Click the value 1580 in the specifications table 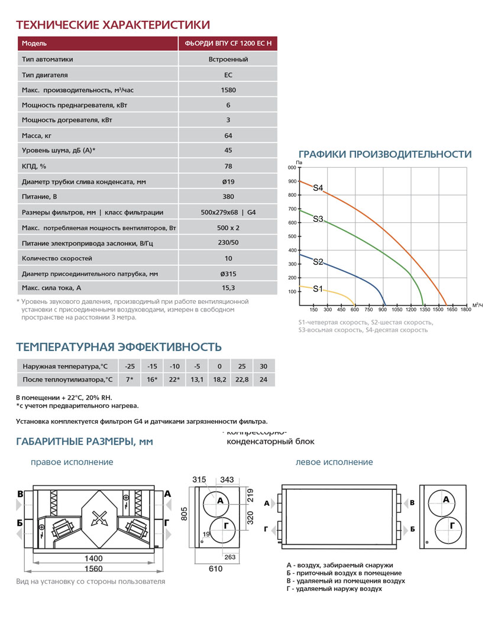coord(228,90)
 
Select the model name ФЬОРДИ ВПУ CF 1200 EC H coord(228,43)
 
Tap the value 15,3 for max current coord(228,287)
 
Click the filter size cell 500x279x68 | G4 coord(228,212)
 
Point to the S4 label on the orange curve coord(318,189)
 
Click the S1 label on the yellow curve coord(318,289)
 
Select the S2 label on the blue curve coord(318,261)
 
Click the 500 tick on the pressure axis coord(292,236)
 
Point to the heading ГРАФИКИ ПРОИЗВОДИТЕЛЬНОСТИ coord(385,154)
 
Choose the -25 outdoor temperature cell coord(130,366)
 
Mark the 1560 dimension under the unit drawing coord(93,568)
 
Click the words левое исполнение coord(334,462)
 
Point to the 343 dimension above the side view coord(227,479)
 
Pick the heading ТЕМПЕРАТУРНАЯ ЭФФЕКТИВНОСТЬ coord(118,346)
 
